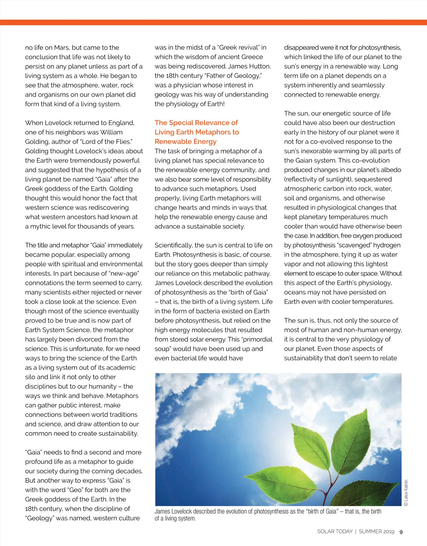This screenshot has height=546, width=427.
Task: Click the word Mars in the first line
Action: coord(62,48)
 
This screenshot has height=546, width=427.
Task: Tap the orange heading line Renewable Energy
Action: coord(185,142)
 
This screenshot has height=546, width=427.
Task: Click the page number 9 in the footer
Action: coord(401,532)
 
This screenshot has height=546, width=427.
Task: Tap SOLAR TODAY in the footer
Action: coord(334,531)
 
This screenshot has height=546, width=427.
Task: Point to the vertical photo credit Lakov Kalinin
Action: coord(406,493)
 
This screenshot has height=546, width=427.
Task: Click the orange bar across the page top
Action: coord(213,22)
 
